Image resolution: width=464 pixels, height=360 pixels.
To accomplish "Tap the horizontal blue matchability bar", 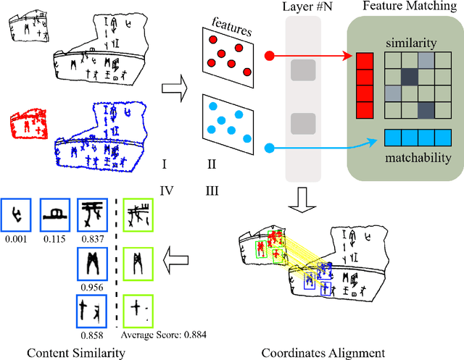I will (x=417, y=137).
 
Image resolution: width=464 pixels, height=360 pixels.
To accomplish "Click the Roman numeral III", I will (x=211, y=190).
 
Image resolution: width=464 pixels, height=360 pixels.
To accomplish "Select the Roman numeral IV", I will (x=165, y=190).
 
